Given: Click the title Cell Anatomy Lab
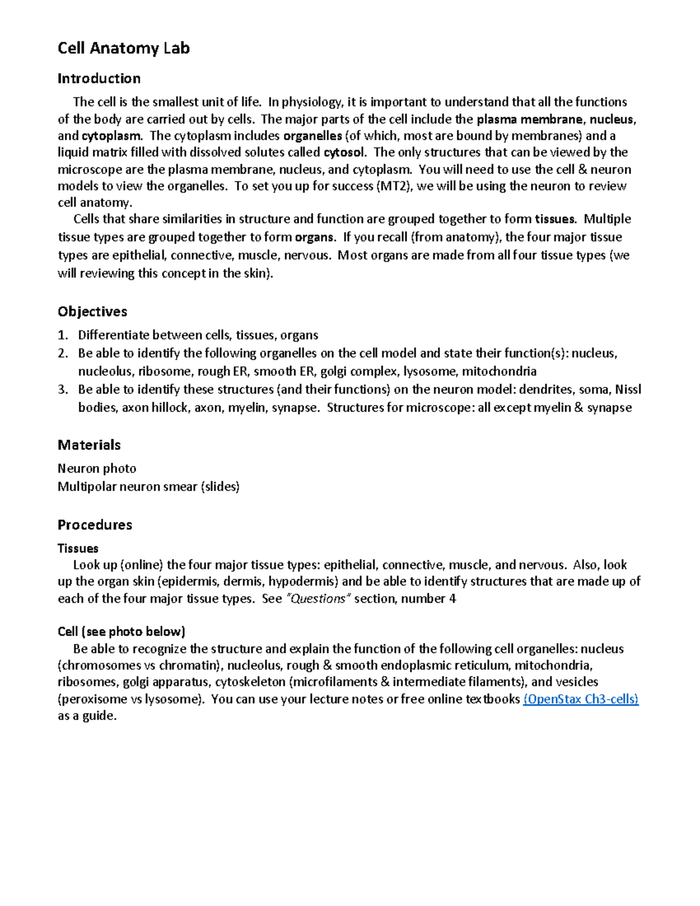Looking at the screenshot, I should pyautogui.click(x=124, y=48).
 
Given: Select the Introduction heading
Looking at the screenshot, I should pyautogui.click(x=99, y=78).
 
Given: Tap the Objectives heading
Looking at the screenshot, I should pyautogui.click(x=92, y=312).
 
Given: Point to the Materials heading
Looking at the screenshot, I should pyautogui.click(x=89, y=445).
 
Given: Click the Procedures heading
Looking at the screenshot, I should pyautogui.click(x=94, y=524).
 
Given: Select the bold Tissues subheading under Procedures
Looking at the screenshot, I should pyautogui.click(x=78, y=548).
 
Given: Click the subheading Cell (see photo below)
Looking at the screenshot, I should pyautogui.click(x=121, y=631).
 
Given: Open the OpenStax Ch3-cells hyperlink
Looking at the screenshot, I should pyautogui.click(x=580, y=699).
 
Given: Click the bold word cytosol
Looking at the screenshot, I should pyautogui.click(x=345, y=153).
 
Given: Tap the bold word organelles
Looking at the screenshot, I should pyautogui.click(x=313, y=136).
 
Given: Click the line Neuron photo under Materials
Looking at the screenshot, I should pyautogui.click(x=97, y=468).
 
